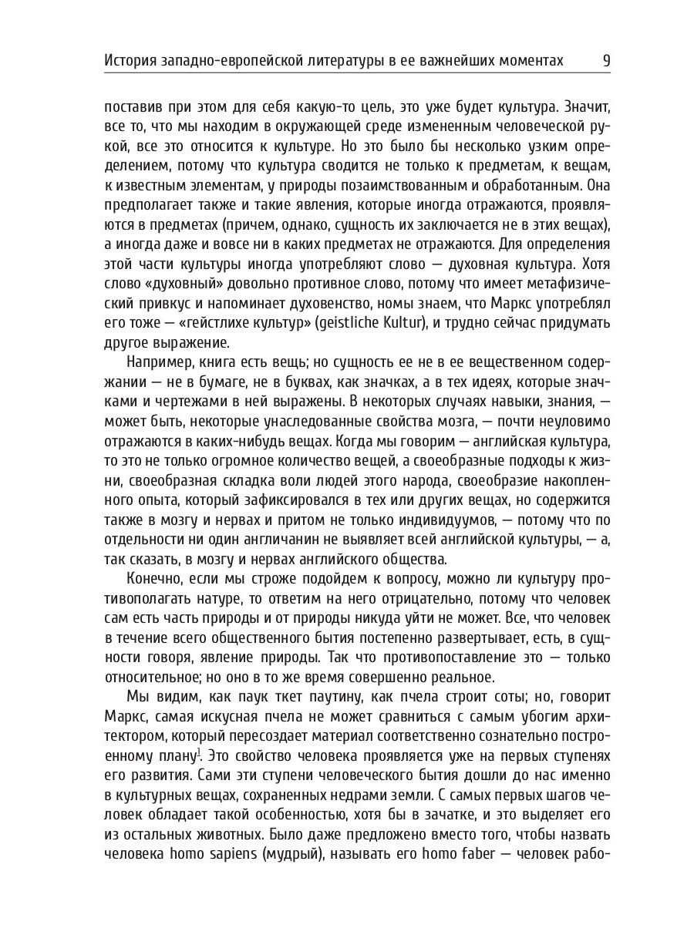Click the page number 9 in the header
pyautogui.click(x=605, y=59)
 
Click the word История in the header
pyautogui.click(x=133, y=59)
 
